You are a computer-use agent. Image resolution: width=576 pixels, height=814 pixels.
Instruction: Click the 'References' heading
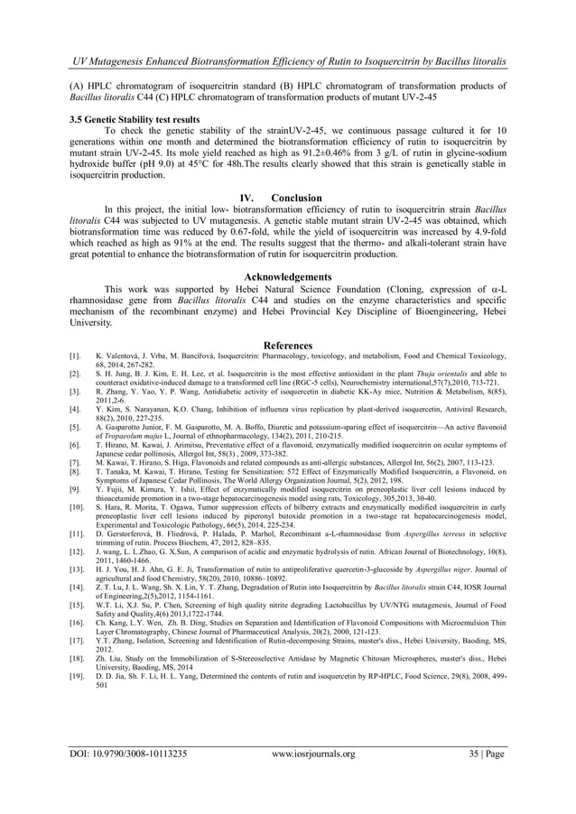tap(287, 346)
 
